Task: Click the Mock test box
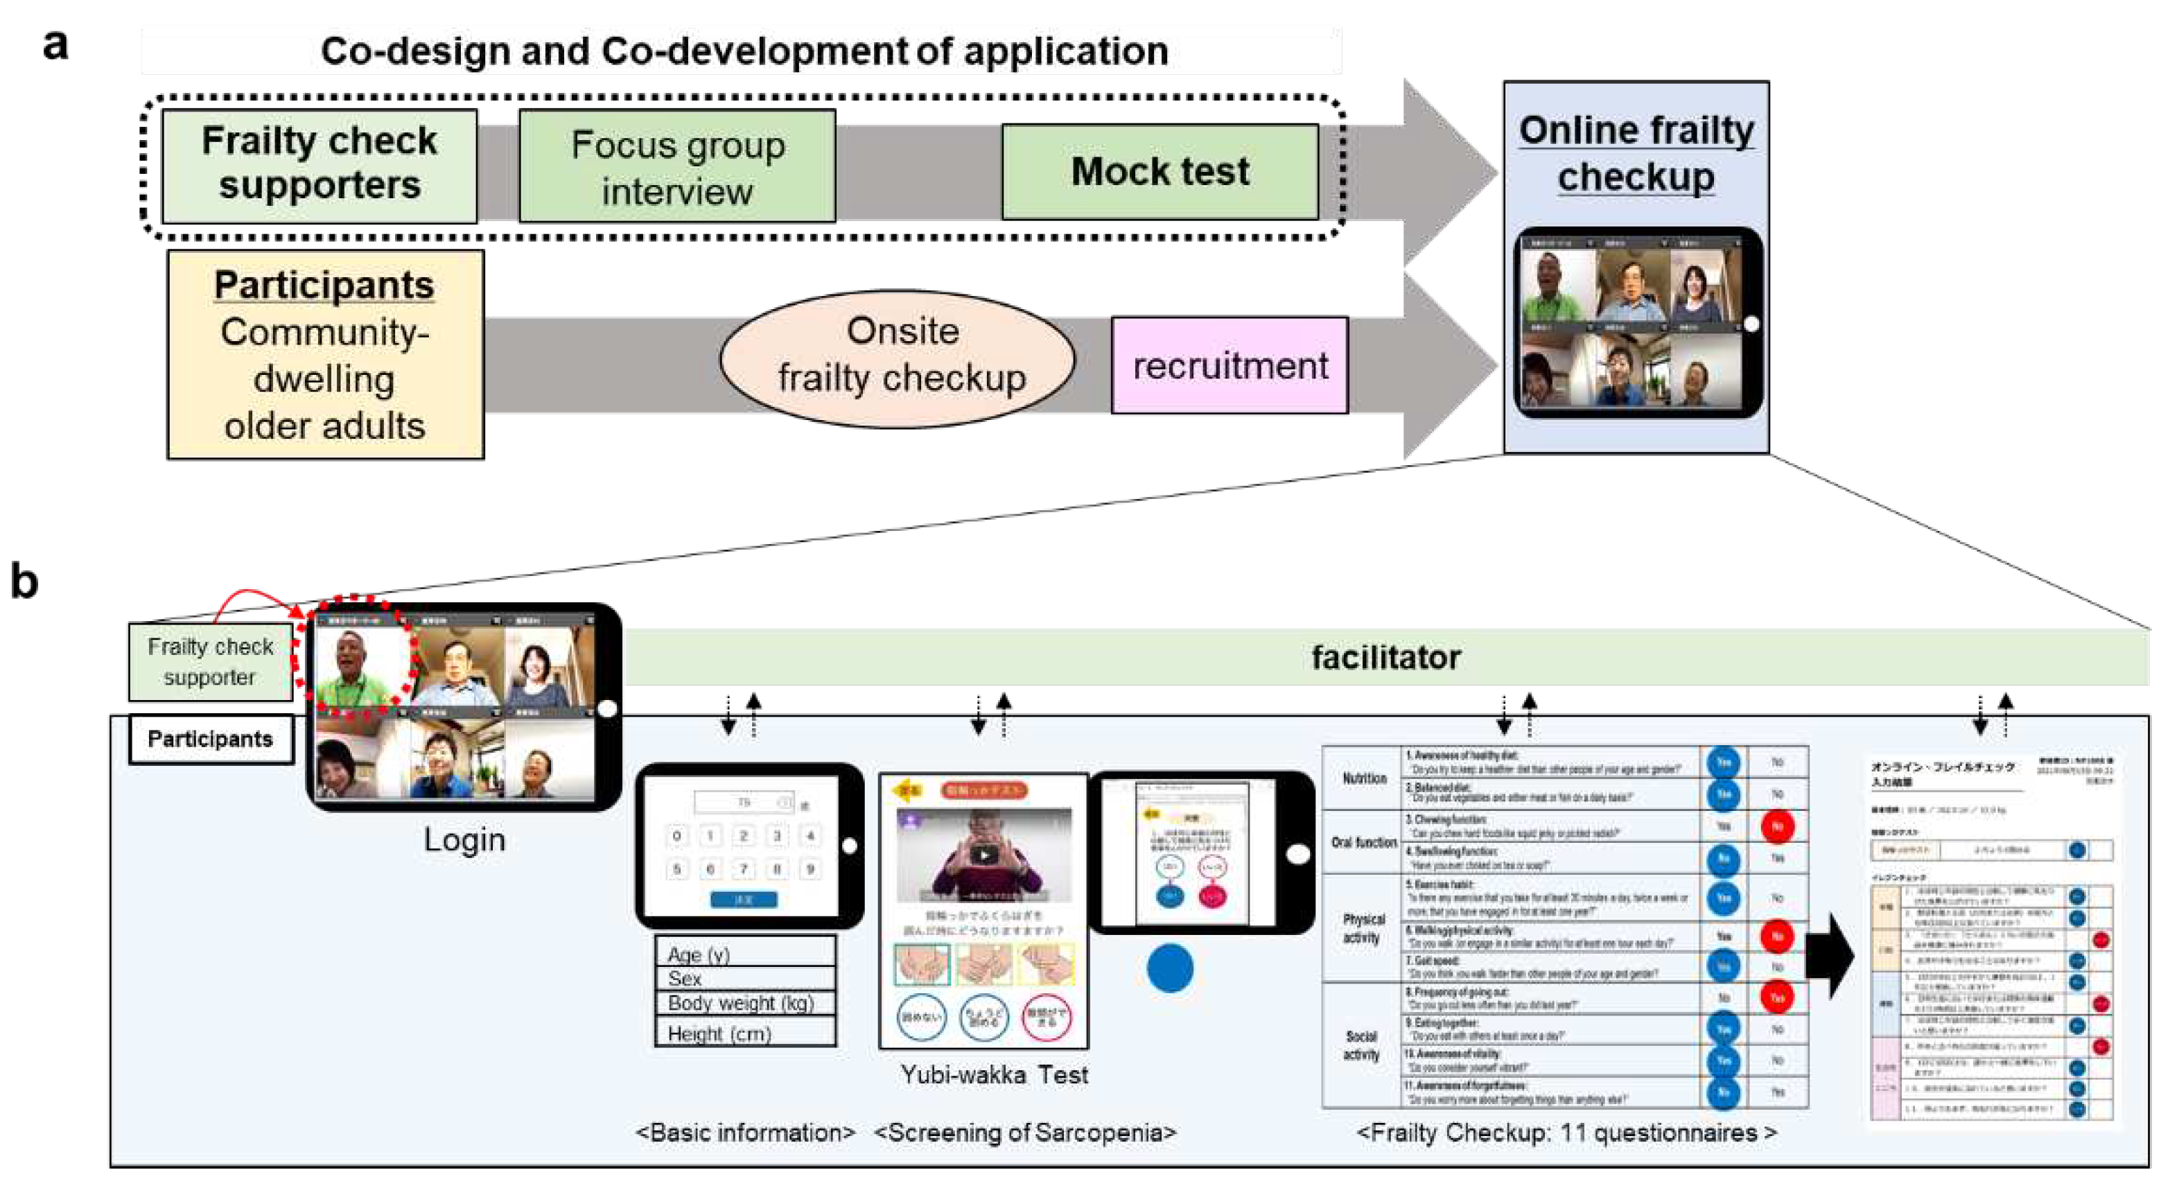tap(1160, 172)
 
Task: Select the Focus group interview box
tap(677, 167)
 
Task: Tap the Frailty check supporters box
tap(319, 165)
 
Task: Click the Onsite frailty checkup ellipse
tap(898, 356)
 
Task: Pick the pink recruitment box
tap(1229, 366)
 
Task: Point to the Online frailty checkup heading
tap(1635, 154)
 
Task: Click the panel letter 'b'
tap(24, 581)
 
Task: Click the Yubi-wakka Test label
tap(993, 1075)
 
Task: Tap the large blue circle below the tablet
tap(1169, 968)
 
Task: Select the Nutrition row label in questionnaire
tap(1363, 778)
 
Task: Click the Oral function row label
tap(1363, 841)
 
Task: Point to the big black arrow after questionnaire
tap(1830, 954)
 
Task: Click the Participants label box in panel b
tap(211, 739)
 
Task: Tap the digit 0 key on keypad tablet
tap(677, 836)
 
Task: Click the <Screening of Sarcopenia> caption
tap(1024, 1133)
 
